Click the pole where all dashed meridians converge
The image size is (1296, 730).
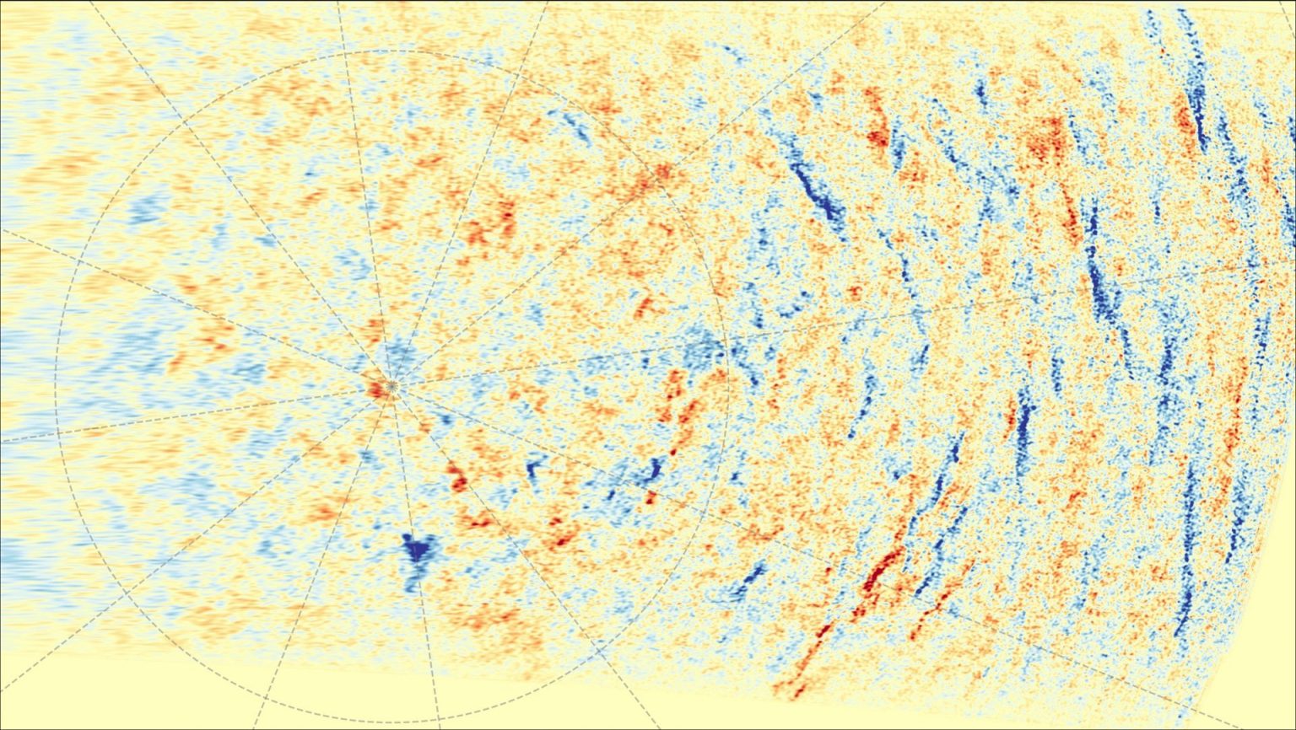click(391, 387)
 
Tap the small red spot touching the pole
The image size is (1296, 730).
click(376, 389)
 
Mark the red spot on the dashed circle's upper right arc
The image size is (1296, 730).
click(662, 172)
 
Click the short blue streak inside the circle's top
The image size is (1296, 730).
click(578, 126)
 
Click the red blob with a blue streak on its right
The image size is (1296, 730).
click(877, 135)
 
